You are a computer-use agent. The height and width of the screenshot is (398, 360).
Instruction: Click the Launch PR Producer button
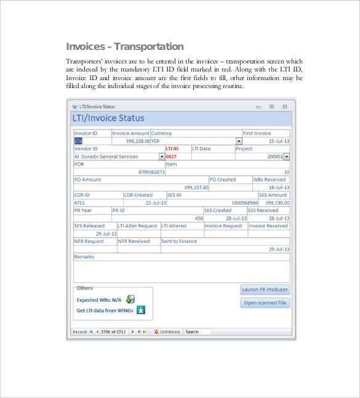[x=264, y=290]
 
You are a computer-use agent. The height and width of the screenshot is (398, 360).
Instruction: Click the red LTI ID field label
[x=172, y=148]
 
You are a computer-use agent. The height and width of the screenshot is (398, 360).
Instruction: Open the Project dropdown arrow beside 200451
[x=286, y=156]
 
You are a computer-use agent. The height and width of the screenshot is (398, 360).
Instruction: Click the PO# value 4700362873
[x=151, y=172]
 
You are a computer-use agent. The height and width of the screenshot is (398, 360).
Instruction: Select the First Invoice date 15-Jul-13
[x=279, y=141]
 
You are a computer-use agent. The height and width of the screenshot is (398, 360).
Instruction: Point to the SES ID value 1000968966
[x=244, y=203]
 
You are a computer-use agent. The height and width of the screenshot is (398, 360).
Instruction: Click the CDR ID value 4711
[x=80, y=203]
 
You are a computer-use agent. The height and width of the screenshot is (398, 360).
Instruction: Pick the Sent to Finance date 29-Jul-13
[x=279, y=249]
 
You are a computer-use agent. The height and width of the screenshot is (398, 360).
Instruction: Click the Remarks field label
[x=84, y=256]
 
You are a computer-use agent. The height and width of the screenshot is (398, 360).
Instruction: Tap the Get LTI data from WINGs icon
[x=140, y=310]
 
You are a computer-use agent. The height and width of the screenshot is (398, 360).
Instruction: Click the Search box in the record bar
[x=196, y=331]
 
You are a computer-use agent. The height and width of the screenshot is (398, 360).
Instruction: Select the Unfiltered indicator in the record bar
[x=167, y=331]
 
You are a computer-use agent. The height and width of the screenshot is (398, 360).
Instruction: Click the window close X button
[x=284, y=107]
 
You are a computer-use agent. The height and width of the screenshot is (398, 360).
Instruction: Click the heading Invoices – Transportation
[x=124, y=46]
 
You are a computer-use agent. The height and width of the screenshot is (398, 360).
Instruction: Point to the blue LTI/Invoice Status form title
[x=109, y=118]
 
